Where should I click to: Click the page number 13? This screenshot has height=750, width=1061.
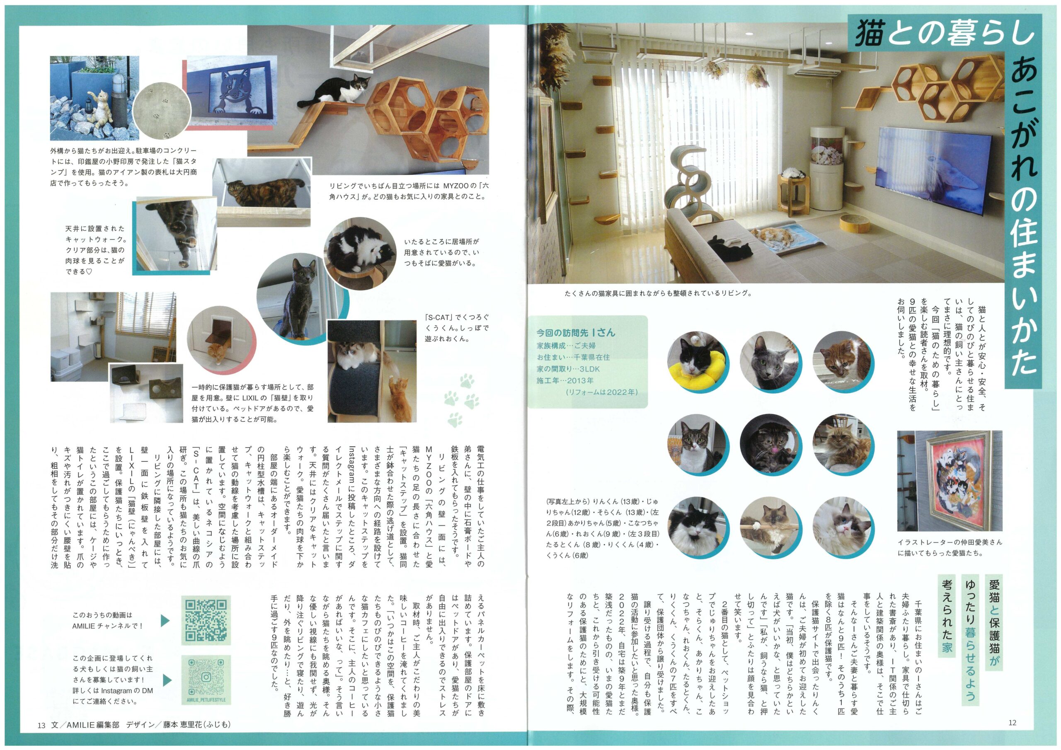tap(41, 725)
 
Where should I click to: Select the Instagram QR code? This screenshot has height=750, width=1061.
tap(206, 677)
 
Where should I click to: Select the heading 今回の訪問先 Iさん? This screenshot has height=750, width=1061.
tap(575, 332)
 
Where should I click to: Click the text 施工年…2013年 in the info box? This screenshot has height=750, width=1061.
tap(565, 380)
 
